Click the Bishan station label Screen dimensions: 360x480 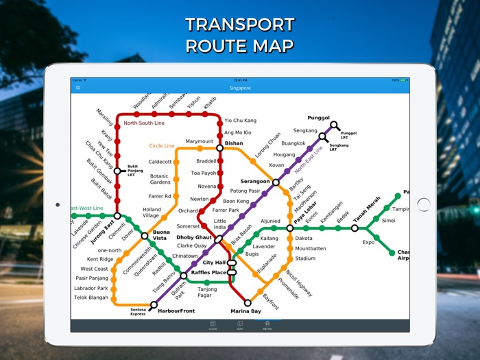point(234,144)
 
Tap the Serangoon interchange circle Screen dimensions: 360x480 point(276,182)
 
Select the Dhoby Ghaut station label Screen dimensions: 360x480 point(195,237)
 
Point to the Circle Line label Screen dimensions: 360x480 point(162,145)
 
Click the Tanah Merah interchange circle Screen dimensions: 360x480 point(355,228)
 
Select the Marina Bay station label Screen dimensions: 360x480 point(245,311)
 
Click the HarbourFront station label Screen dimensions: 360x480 point(176,311)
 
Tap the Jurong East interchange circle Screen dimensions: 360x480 point(117,216)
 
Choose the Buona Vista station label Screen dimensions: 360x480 point(160,236)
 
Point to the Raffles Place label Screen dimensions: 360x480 point(208,272)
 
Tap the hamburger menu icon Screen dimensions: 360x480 point(77,88)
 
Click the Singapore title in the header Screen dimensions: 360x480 point(240,88)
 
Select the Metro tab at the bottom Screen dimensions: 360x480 point(267,325)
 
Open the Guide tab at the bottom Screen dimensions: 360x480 point(213,325)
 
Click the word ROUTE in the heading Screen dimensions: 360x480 point(215,46)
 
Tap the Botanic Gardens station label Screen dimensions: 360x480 point(160,179)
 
